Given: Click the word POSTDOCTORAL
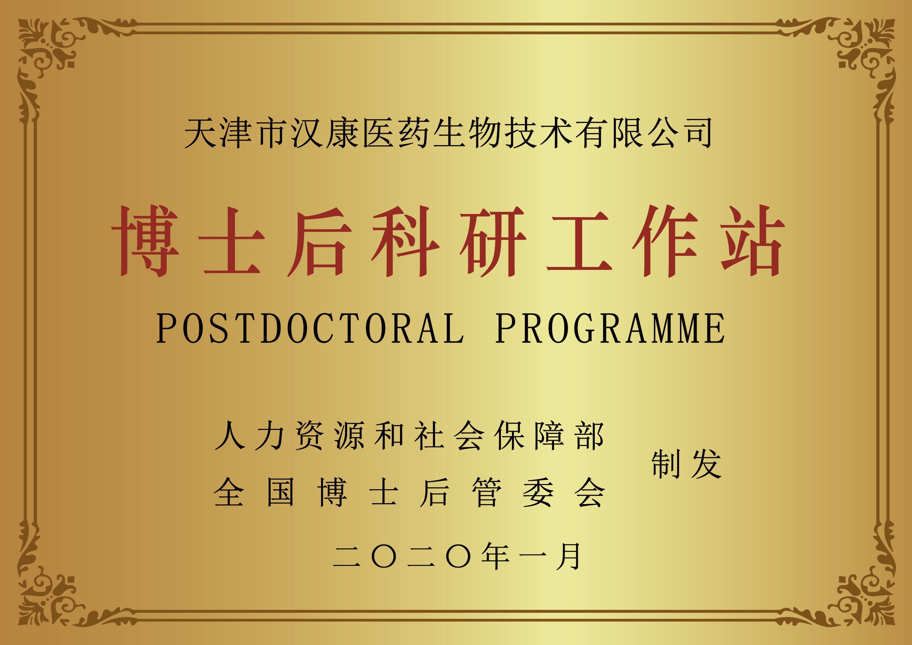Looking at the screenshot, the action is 310,328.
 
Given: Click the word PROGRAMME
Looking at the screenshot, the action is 610,328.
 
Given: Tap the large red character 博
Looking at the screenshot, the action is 145,241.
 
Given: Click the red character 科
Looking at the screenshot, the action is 406,241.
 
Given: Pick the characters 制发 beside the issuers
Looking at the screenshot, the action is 686,464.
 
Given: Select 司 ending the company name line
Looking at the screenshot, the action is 696,133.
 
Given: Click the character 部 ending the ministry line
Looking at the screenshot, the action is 589,436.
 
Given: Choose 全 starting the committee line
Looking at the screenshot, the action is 229,492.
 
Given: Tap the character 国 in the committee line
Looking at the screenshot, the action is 281,492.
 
